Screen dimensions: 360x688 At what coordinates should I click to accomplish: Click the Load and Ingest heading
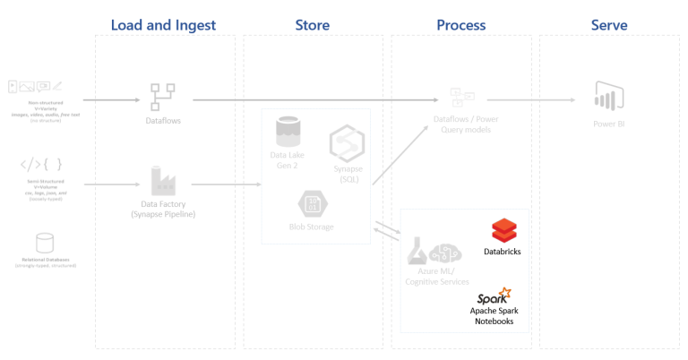163,25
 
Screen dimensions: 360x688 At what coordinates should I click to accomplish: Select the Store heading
313,25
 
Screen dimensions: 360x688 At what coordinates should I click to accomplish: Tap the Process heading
460,25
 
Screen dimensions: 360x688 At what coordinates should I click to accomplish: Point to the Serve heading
609,25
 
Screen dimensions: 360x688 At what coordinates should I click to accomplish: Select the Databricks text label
503,253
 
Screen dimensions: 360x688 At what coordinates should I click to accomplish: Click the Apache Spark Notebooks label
493,316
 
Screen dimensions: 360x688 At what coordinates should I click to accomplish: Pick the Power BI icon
608,97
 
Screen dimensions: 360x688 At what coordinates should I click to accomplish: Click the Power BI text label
608,124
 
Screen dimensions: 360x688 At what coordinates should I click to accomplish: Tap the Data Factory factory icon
162,182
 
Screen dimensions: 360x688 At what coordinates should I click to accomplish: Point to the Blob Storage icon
311,203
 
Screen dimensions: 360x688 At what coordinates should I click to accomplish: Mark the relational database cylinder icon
45,244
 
